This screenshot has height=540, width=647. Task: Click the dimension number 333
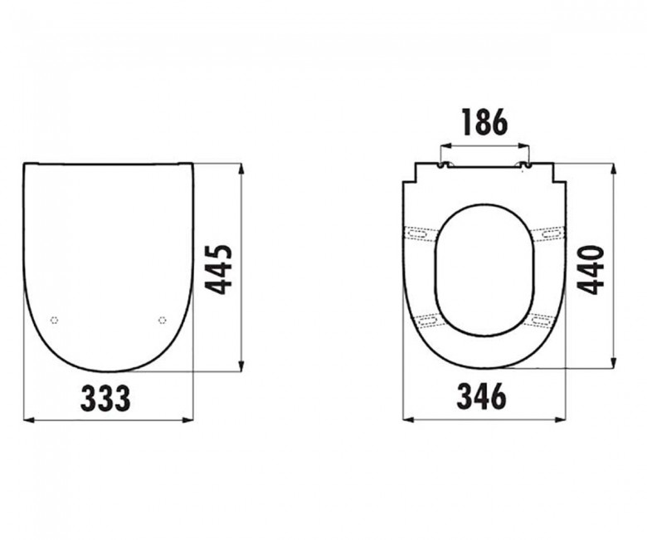point(105,397)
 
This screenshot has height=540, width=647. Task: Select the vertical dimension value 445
point(220,269)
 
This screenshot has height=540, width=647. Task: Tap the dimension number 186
point(484,121)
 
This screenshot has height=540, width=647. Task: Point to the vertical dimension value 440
point(591,270)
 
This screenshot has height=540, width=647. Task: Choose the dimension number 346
point(482,395)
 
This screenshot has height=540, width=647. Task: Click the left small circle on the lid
point(54,320)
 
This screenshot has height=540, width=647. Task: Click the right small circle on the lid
point(162,320)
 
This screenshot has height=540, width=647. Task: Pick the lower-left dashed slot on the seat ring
point(428,319)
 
